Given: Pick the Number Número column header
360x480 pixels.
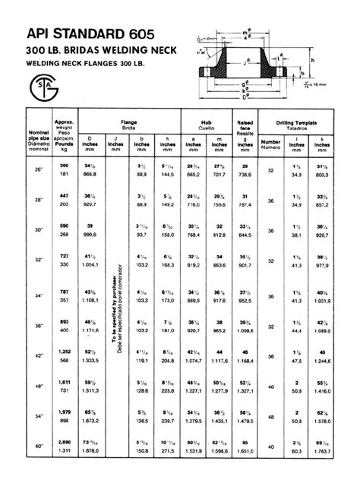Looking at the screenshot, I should pyautogui.click(x=292, y=144).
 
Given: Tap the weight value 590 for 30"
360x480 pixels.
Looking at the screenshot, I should pyautogui.click(x=64, y=226).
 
